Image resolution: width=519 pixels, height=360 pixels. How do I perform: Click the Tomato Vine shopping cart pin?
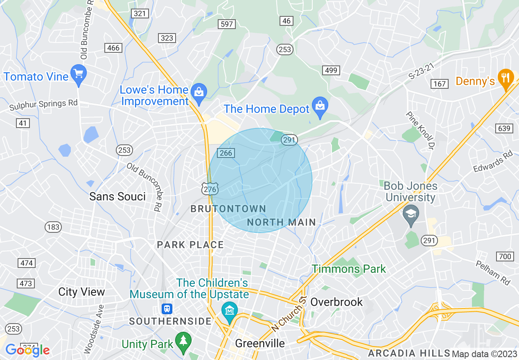(78, 74)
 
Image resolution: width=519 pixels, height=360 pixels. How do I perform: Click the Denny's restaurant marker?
(506, 78)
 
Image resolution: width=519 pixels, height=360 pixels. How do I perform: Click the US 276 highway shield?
(210, 189)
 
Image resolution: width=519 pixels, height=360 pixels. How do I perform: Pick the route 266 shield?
(226, 153)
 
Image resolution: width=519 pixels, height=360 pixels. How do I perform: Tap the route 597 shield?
(226, 24)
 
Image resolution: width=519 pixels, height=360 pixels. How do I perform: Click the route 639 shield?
(504, 128)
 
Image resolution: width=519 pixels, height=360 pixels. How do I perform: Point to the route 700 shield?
(505, 256)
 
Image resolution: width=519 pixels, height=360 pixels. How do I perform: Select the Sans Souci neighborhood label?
(117, 196)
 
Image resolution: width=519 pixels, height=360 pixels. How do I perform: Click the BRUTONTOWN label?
(228, 209)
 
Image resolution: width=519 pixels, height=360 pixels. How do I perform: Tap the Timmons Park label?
(349, 269)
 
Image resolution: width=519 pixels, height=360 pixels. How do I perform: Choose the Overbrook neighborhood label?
(336, 302)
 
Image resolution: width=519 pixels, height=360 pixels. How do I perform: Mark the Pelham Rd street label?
(493, 272)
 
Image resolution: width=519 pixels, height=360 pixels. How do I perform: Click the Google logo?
(28, 350)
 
